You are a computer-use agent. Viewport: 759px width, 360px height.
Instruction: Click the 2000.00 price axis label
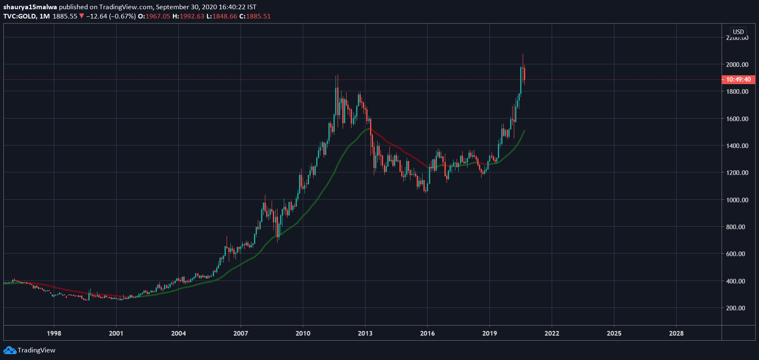click(737, 64)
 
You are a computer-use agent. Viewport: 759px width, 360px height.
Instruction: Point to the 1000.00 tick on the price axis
click(737, 200)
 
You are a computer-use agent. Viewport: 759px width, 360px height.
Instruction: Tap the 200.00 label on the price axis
click(735, 308)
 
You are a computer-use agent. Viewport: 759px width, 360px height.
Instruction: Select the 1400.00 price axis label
click(737, 146)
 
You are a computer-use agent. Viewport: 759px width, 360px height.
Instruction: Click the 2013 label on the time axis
click(365, 333)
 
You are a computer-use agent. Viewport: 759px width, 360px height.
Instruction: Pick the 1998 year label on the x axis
click(54, 333)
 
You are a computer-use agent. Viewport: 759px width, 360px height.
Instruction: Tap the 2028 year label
click(676, 333)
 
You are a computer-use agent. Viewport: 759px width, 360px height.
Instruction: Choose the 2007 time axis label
click(241, 333)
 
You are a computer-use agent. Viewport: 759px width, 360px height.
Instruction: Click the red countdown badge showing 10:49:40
click(738, 79)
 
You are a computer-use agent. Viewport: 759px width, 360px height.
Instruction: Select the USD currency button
click(738, 32)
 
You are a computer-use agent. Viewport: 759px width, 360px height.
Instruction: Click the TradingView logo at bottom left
click(29, 350)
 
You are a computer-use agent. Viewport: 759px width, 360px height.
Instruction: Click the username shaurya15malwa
click(30, 7)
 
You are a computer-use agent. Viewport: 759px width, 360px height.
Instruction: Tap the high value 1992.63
click(192, 16)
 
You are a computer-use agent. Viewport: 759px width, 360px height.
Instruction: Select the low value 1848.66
click(225, 16)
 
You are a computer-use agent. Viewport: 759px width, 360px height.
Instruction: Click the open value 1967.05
click(158, 16)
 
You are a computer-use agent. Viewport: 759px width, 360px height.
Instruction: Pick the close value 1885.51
click(258, 16)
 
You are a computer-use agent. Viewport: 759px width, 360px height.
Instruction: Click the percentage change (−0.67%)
click(122, 16)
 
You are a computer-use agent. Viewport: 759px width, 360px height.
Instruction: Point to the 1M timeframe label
click(45, 16)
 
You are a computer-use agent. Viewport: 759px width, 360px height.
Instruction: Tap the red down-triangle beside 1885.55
click(82, 16)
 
